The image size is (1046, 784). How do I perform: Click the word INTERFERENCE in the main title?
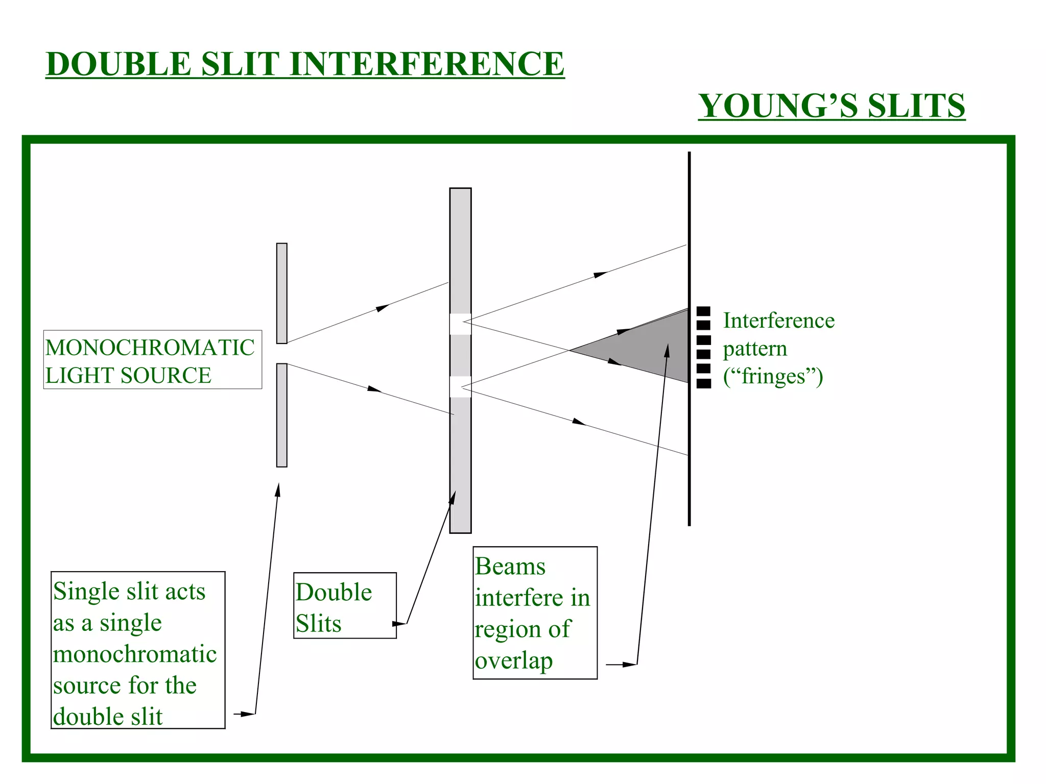427,64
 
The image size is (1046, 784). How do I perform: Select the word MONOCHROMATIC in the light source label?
150,348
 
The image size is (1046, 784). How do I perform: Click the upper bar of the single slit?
281,293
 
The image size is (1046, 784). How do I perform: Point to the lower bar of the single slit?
281,415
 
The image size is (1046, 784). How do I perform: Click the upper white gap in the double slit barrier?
460,324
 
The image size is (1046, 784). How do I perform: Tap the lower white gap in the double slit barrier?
460,386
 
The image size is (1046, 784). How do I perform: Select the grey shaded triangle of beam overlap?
649,347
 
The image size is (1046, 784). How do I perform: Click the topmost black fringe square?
703,311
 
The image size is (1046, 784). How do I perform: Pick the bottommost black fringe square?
703,383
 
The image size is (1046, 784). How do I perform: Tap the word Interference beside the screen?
778,321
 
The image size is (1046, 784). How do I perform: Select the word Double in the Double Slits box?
334,592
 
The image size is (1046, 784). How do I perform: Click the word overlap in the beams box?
514,660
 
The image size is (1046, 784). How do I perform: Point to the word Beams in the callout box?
510,567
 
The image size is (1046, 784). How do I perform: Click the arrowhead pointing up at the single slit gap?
278,489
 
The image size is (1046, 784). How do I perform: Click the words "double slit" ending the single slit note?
108,717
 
